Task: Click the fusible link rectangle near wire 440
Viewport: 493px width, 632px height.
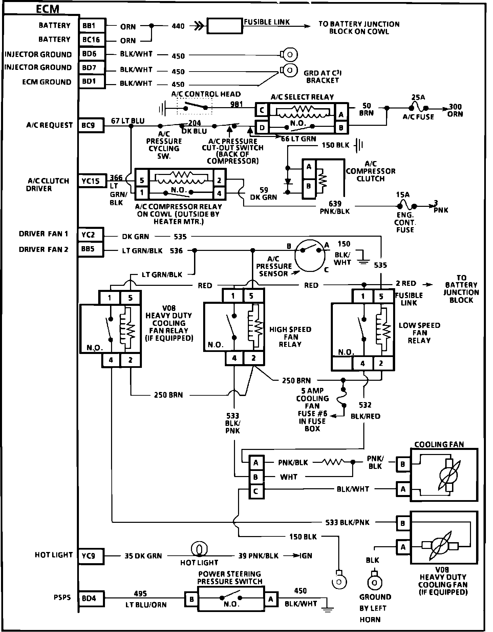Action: click(x=225, y=26)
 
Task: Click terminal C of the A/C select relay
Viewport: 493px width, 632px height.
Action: click(x=262, y=110)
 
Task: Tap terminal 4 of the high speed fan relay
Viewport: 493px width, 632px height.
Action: click(x=234, y=358)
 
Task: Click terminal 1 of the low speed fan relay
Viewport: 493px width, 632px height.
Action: click(x=363, y=296)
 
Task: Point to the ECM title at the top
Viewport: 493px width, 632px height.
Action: click(x=47, y=9)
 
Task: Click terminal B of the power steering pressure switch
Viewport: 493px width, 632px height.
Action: click(x=191, y=599)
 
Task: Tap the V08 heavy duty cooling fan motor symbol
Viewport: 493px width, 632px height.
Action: click(x=440, y=546)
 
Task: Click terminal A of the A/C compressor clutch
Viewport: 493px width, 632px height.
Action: click(x=308, y=167)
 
